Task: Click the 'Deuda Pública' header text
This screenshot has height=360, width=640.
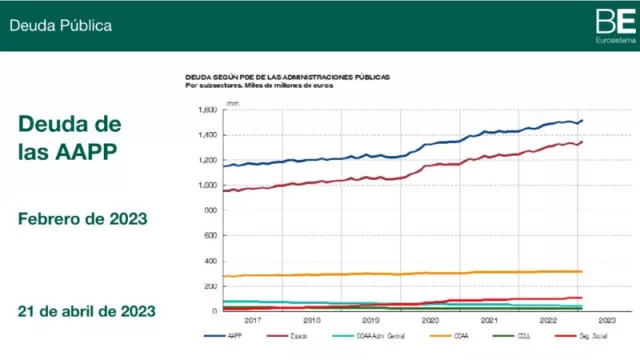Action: (x=60, y=25)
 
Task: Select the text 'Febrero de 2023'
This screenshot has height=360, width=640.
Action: (x=82, y=218)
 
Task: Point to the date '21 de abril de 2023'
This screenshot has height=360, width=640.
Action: (x=86, y=311)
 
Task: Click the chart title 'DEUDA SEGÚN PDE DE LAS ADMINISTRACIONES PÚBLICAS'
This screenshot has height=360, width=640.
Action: (x=287, y=77)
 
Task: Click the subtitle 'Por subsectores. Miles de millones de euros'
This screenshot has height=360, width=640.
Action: (x=259, y=86)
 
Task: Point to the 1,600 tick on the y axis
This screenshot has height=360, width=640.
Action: (x=207, y=110)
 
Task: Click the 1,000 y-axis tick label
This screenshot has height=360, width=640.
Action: (x=207, y=185)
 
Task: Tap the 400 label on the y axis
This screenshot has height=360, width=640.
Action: (x=209, y=261)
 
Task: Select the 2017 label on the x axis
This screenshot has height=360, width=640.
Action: (x=252, y=320)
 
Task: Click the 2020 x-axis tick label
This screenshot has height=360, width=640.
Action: (x=430, y=320)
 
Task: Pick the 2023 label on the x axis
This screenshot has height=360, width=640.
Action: (x=607, y=320)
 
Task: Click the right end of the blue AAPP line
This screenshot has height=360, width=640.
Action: (x=582, y=121)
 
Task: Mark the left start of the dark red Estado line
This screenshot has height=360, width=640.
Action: (x=223, y=191)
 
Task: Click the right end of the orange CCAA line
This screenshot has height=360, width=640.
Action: (x=582, y=271)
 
